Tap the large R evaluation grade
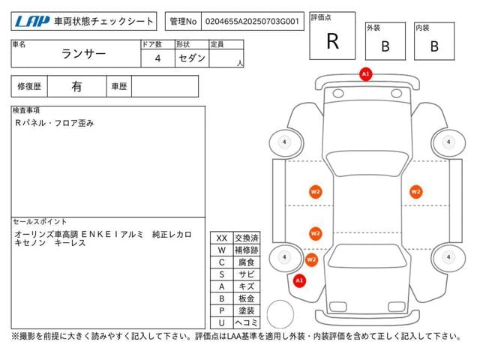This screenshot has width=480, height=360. pos(332,42)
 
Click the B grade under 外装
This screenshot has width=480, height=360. pos(385,46)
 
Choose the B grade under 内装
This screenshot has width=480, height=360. pos(433,46)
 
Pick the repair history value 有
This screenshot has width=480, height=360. pos(76,86)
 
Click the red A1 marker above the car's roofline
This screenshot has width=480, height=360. pos(365,74)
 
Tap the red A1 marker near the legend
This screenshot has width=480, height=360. pos(299,280)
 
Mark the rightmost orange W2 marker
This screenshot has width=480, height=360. pos(415,191)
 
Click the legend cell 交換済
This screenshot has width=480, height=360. pos(246,238)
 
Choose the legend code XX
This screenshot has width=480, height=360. pos(221,238)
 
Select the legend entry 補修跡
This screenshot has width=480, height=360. pos(246,250)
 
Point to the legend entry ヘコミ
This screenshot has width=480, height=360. pos(246,322)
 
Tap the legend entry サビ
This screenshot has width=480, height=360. pos(246,274)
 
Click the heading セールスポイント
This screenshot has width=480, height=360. pos(40,222)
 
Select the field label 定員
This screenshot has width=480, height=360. pos(217,44)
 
